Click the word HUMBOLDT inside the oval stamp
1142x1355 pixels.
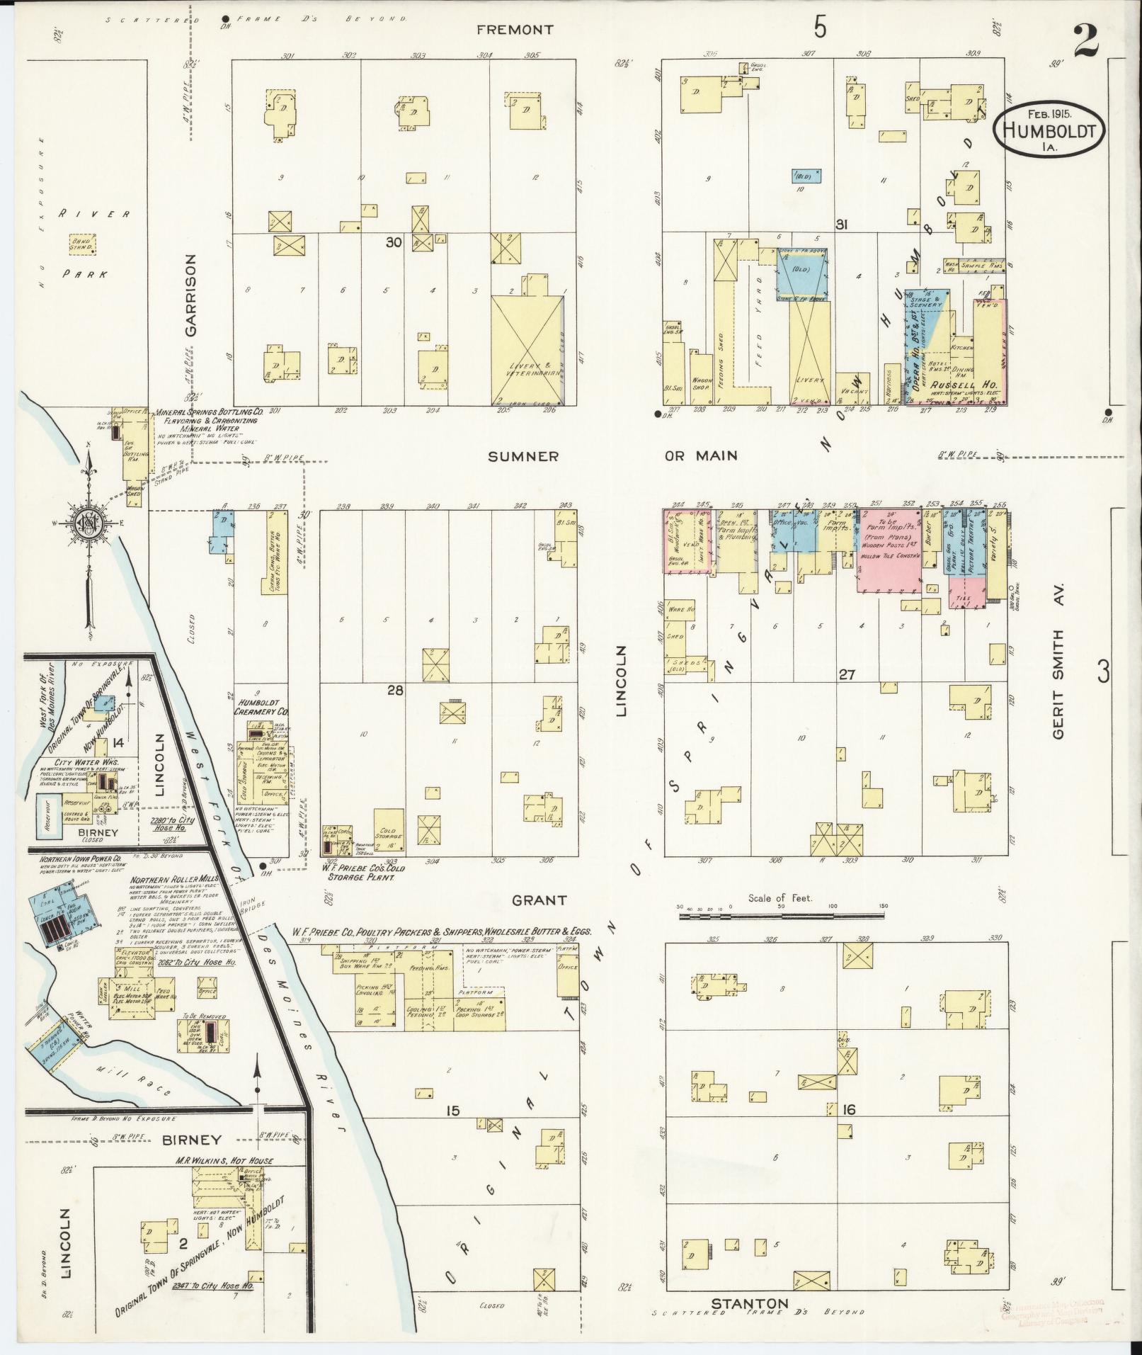click(1049, 131)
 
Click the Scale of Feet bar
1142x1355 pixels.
click(781, 916)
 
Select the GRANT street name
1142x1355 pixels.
click(539, 900)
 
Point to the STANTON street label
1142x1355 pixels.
click(749, 1304)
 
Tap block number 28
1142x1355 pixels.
click(394, 689)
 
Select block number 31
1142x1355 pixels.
click(841, 225)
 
